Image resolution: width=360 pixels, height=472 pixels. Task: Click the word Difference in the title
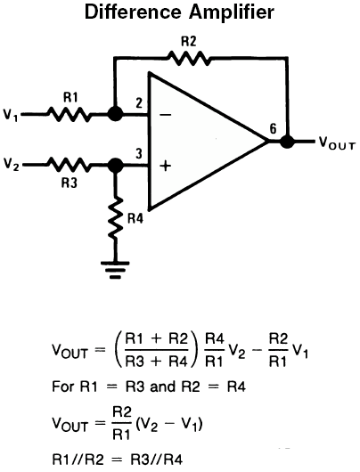click(x=133, y=12)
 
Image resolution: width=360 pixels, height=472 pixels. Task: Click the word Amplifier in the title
click(x=232, y=12)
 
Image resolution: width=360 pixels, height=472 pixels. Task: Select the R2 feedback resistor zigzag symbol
click(x=189, y=58)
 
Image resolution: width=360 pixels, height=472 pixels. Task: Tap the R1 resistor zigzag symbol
click(x=69, y=114)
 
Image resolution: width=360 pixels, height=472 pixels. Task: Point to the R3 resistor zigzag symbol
click(x=69, y=165)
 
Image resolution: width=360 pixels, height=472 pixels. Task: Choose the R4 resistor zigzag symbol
click(x=115, y=217)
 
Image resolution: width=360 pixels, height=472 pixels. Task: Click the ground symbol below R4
click(x=115, y=270)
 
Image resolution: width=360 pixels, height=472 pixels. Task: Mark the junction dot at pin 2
click(x=115, y=114)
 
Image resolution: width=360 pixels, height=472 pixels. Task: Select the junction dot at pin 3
click(x=115, y=165)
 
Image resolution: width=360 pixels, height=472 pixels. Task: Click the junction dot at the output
click(x=287, y=141)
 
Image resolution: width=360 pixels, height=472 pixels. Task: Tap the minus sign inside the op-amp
click(x=165, y=115)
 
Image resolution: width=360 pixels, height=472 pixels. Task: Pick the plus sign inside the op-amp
click(x=166, y=166)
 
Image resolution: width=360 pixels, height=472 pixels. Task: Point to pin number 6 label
click(x=273, y=128)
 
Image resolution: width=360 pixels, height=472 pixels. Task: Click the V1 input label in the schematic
click(x=11, y=114)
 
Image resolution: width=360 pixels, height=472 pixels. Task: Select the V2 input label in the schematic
click(x=11, y=165)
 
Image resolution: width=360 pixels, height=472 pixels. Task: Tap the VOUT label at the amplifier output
click(x=337, y=142)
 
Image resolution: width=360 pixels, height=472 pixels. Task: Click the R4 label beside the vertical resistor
click(x=135, y=218)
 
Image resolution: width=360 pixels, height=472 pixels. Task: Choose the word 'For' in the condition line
click(x=63, y=387)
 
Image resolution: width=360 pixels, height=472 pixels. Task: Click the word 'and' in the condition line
click(x=163, y=387)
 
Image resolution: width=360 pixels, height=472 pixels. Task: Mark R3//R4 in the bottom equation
click(x=157, y=460)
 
